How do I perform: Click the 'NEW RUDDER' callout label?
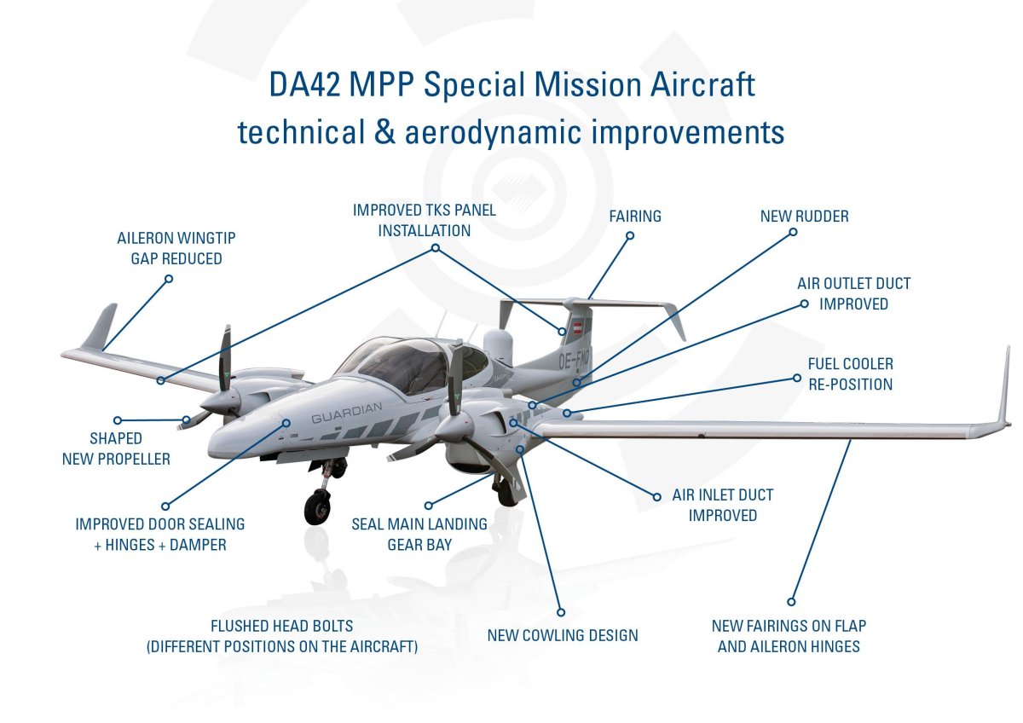[x=804, y=217]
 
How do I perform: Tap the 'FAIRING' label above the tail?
[x=635, y=217]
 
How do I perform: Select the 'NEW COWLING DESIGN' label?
[x=563, y=635]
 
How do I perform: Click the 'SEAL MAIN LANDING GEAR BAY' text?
[x=419, y=534]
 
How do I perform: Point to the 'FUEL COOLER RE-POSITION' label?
[x=850, y=374]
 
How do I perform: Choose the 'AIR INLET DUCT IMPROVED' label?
[x=722, y=505]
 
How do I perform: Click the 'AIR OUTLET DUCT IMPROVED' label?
[x=853, y=293]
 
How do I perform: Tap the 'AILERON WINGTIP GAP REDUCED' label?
[x=170, y=248]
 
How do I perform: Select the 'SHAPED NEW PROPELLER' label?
[x=116, y=448]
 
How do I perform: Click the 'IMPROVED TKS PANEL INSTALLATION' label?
[x=424, y=220]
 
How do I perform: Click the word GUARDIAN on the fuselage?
[x=346, y=418]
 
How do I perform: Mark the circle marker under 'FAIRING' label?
[x=630, y=236]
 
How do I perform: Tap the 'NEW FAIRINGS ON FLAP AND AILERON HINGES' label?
[x=789, y=636]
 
